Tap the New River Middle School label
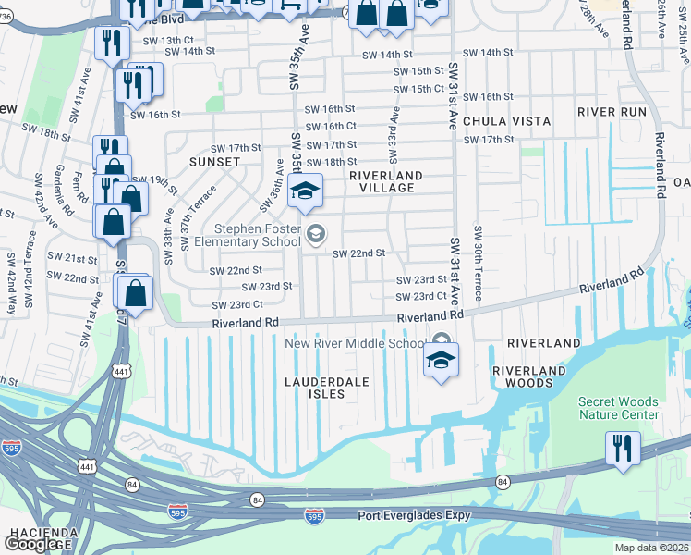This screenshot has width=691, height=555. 354,343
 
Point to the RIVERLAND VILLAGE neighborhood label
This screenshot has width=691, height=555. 386,182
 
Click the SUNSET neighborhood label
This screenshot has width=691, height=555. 215,161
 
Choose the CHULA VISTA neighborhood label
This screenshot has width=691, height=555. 506,121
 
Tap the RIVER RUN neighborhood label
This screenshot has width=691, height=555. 612,111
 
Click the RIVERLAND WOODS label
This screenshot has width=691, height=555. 528,377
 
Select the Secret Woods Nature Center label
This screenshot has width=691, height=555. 619,408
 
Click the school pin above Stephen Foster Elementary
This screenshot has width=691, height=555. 305,191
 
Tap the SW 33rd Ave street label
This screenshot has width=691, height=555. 394,130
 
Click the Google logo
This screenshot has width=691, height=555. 32,544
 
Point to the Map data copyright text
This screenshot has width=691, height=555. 649,548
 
